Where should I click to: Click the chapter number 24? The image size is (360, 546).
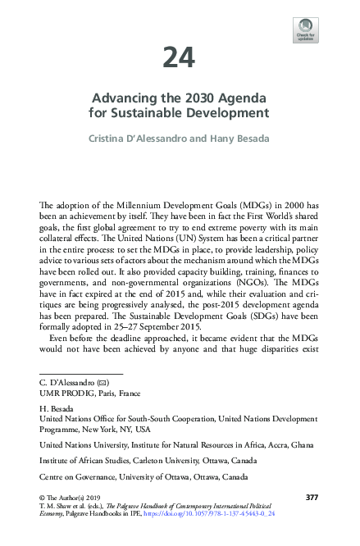point(179,58)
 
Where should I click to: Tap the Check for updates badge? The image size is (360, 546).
point(305,30)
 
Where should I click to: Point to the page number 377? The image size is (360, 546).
point(311,498)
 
